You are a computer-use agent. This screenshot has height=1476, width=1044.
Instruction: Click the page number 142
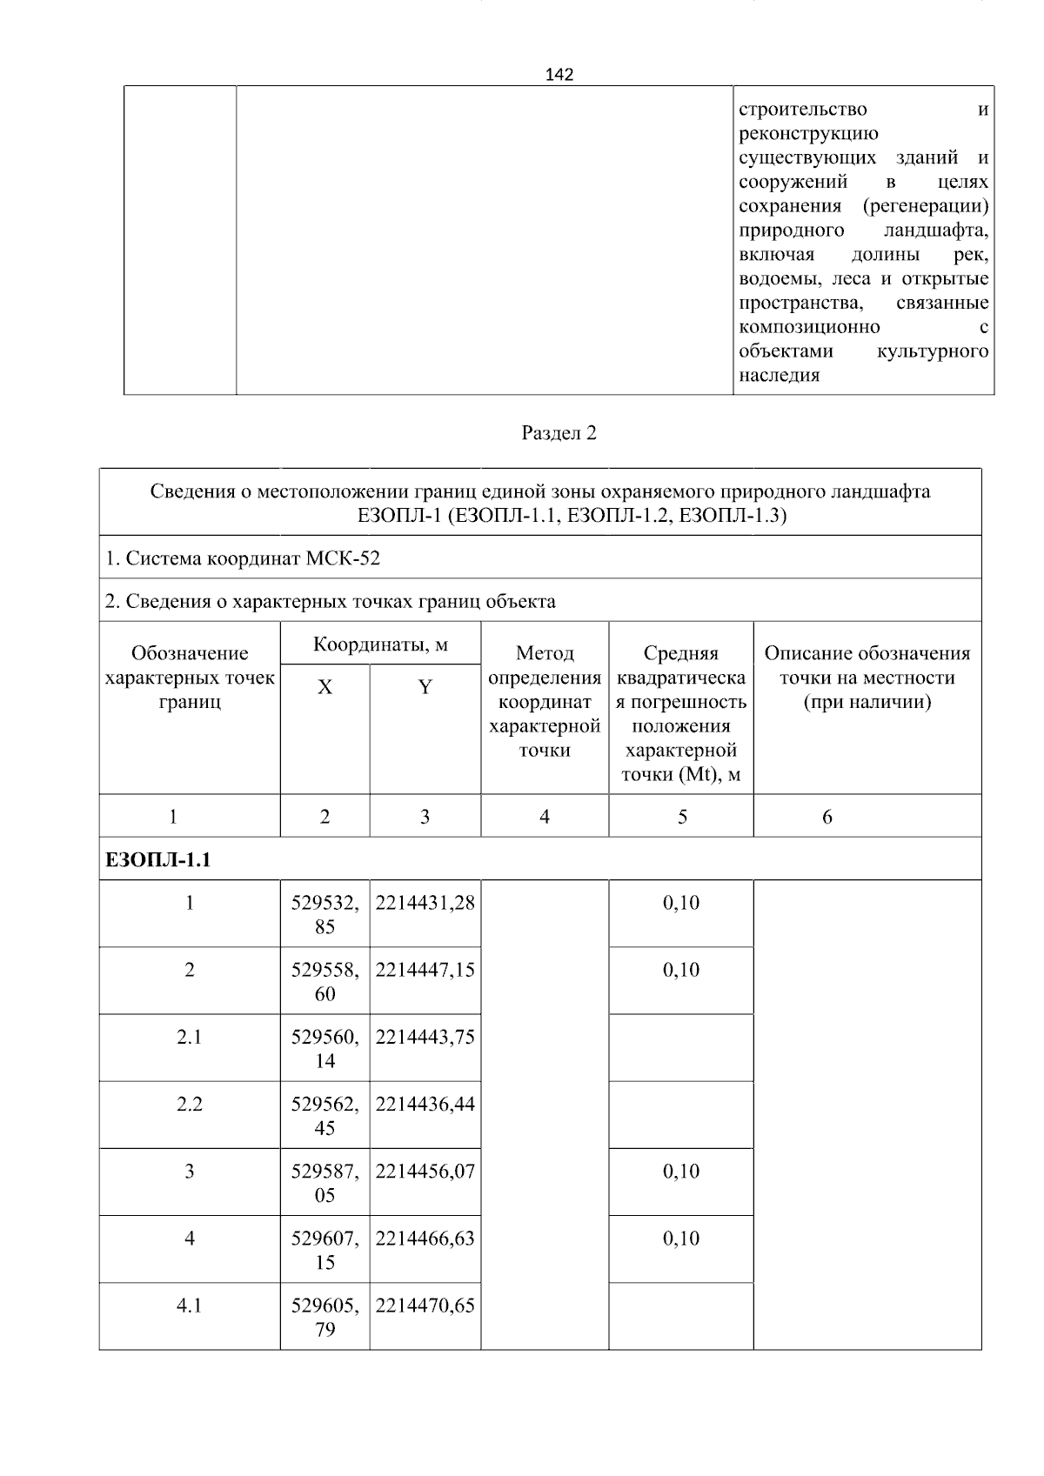(559, 75)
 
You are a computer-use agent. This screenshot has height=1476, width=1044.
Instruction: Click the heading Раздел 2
(559, 433)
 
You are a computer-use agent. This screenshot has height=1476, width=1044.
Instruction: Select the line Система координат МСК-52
(243, 558)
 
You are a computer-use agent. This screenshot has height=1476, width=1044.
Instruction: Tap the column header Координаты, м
(380, 644)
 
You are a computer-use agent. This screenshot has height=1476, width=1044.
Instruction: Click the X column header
(325, 687)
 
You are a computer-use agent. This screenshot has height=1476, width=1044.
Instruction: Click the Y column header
(425, 687)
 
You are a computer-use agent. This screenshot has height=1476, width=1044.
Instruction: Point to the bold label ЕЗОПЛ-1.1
(158, 860)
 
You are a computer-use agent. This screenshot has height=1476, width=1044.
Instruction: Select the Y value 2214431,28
(425, 903)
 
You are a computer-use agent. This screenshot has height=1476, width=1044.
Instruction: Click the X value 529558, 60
(325, 981)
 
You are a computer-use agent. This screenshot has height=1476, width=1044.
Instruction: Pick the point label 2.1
(189, 1037)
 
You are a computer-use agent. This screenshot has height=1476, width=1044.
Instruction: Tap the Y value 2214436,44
(425, 1104)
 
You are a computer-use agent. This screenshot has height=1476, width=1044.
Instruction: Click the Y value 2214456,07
(425, 1171)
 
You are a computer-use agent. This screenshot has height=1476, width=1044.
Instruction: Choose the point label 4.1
(189, 1306)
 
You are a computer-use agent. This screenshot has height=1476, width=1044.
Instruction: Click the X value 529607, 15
(325, 1250)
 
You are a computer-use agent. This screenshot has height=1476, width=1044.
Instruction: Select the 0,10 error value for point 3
(680, 1171)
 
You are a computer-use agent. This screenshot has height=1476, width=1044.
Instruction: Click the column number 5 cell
(681, 816)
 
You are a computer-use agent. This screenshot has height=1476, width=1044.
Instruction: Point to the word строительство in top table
(802, 110)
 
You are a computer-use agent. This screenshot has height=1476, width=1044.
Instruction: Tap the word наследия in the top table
(779, 376)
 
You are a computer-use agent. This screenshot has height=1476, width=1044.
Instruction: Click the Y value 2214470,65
(425, 1306)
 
